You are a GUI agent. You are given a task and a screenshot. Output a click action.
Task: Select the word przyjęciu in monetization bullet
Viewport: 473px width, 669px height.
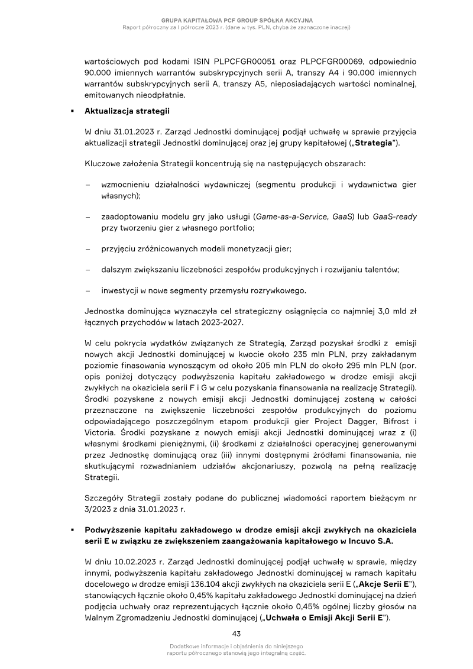120,249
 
